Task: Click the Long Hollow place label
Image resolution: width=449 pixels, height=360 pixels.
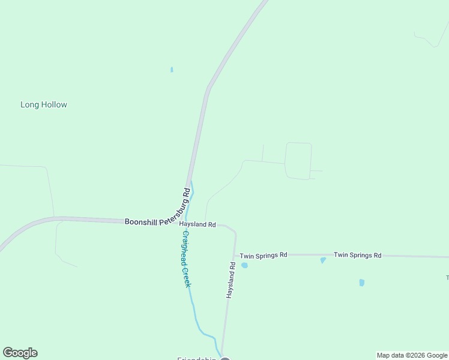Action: (44, 104)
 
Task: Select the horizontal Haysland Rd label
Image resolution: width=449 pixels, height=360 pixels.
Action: (197, 224)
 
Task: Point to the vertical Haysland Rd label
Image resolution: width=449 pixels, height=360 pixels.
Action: (231, 280)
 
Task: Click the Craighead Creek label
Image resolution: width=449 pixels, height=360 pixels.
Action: (186, 259)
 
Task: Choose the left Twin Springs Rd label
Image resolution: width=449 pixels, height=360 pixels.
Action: (264, 256)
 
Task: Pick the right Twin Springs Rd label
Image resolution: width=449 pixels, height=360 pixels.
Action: (358, 255)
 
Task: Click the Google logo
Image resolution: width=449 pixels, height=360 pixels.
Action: (20, 353)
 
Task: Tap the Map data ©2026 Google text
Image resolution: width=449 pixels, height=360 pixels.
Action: (412, 355)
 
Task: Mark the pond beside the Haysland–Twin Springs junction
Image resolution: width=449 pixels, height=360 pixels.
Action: (244, 265)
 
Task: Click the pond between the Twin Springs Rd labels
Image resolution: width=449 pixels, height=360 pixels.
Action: (323, 260)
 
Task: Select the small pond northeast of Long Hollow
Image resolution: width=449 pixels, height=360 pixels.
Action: (172, 70)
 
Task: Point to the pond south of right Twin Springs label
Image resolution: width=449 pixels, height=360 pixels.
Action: (361, 283)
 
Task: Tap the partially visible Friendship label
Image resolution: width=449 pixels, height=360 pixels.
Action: (196, 358)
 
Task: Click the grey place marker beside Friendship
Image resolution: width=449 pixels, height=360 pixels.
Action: (225, 359)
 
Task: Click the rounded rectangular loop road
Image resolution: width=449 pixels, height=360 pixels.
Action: (299, 161)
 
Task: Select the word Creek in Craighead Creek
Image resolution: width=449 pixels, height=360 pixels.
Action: (187, 277)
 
